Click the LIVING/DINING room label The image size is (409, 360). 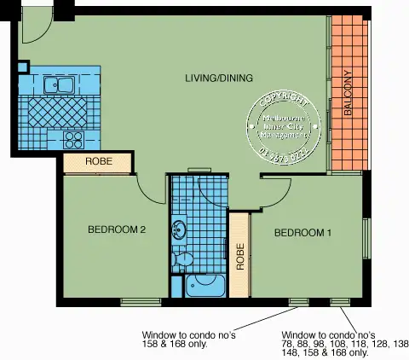click(219, 78)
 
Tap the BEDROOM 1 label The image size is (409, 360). click(302, 233)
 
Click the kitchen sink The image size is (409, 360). click(58, 84)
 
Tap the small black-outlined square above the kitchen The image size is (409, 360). click(23, 66)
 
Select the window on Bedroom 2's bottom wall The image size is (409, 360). click(141, 300)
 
